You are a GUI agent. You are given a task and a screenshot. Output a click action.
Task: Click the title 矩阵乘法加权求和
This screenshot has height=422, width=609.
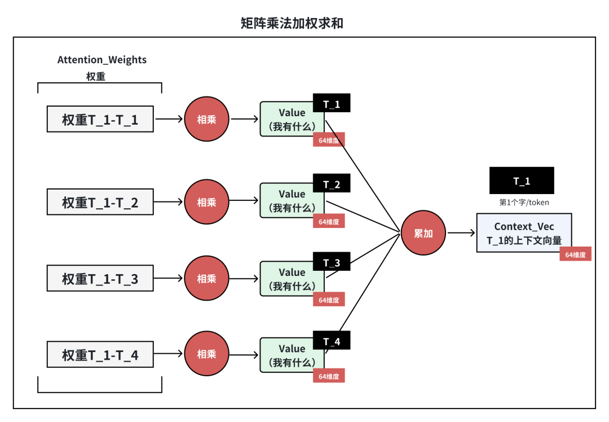(x=292, y=23)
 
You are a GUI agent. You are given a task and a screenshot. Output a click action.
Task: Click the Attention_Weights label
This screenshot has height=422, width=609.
(x=102, y=60)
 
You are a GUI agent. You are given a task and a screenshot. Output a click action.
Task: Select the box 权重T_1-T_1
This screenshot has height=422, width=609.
(x=100, y=120)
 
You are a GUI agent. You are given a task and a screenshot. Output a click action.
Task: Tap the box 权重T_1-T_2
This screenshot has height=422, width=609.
(x=100, y=202)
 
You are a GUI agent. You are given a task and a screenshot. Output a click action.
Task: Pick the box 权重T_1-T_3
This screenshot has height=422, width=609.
(x=100, y=278)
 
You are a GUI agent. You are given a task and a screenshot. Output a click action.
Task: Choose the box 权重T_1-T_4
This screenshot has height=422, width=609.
(x=100, y=354)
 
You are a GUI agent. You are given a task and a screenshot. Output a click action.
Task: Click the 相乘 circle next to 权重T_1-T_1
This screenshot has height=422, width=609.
(x=206, y=120)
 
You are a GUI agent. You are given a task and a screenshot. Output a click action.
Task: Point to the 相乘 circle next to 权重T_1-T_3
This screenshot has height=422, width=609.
(x=206, y=278)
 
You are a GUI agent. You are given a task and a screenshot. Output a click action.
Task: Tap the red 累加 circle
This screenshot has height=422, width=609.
(x=423, y=233)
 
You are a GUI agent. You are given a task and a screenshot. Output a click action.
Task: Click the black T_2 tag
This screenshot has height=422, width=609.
(x=332, y=184)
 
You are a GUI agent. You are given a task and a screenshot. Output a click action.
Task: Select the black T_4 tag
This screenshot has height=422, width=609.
(x=332, y=341)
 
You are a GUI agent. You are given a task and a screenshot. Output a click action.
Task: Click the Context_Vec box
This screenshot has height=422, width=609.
(x=524, y=232)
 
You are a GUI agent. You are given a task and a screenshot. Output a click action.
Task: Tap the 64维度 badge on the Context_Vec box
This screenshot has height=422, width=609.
(x=575, y=254)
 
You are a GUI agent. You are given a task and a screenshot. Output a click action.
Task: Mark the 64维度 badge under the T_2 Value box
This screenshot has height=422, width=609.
(x=329, y=221)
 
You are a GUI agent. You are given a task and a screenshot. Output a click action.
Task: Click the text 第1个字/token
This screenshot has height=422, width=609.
(x=524, y=202)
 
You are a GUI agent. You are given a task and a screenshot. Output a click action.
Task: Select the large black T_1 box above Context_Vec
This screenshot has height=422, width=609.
(x=522, y=181)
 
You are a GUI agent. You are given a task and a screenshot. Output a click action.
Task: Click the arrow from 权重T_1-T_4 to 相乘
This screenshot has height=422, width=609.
(x=169, y=354)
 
